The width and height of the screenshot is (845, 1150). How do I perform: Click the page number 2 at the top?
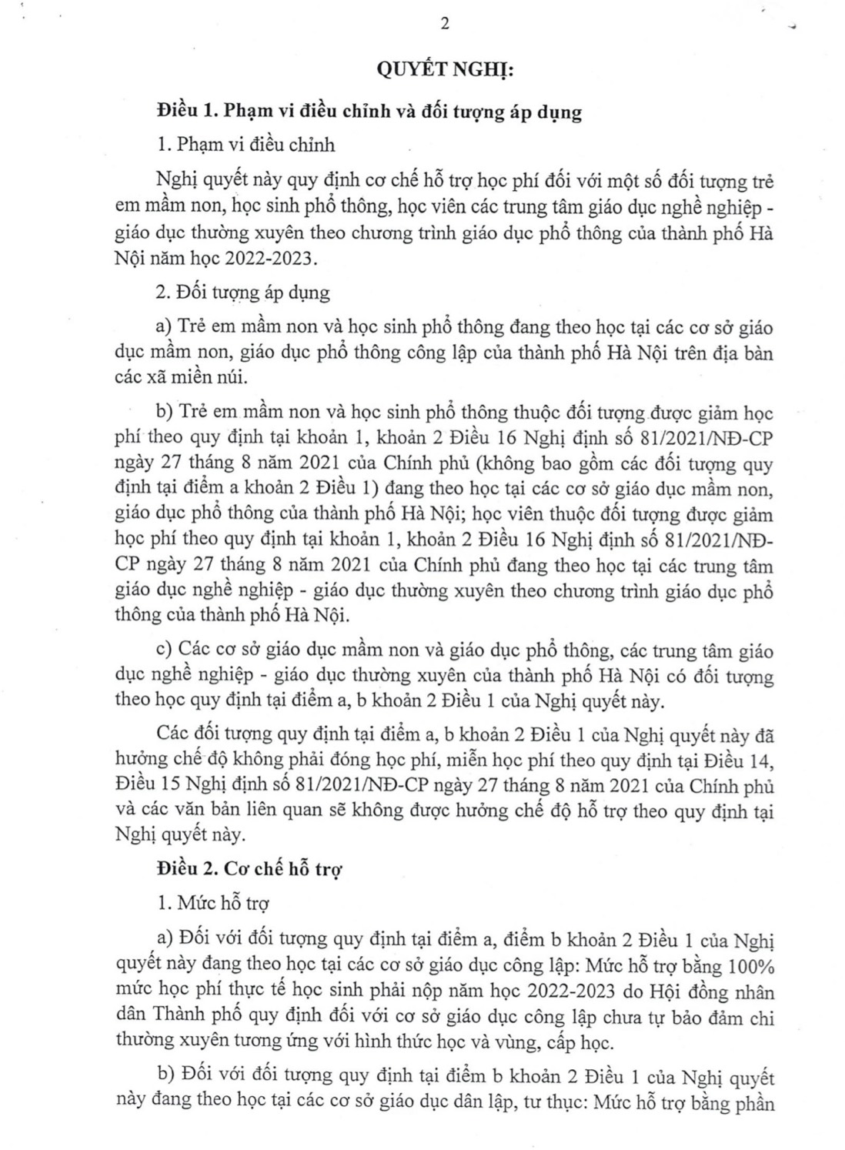point(443,22)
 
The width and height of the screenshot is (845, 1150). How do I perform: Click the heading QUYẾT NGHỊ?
point(443,71)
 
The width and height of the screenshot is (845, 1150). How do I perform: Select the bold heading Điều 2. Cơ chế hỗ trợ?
point(249,869)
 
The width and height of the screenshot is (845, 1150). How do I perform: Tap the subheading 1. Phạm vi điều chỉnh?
point(244,145)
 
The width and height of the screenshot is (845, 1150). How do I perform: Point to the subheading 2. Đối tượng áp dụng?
point(242,293)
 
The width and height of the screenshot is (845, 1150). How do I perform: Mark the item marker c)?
point(165,650)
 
